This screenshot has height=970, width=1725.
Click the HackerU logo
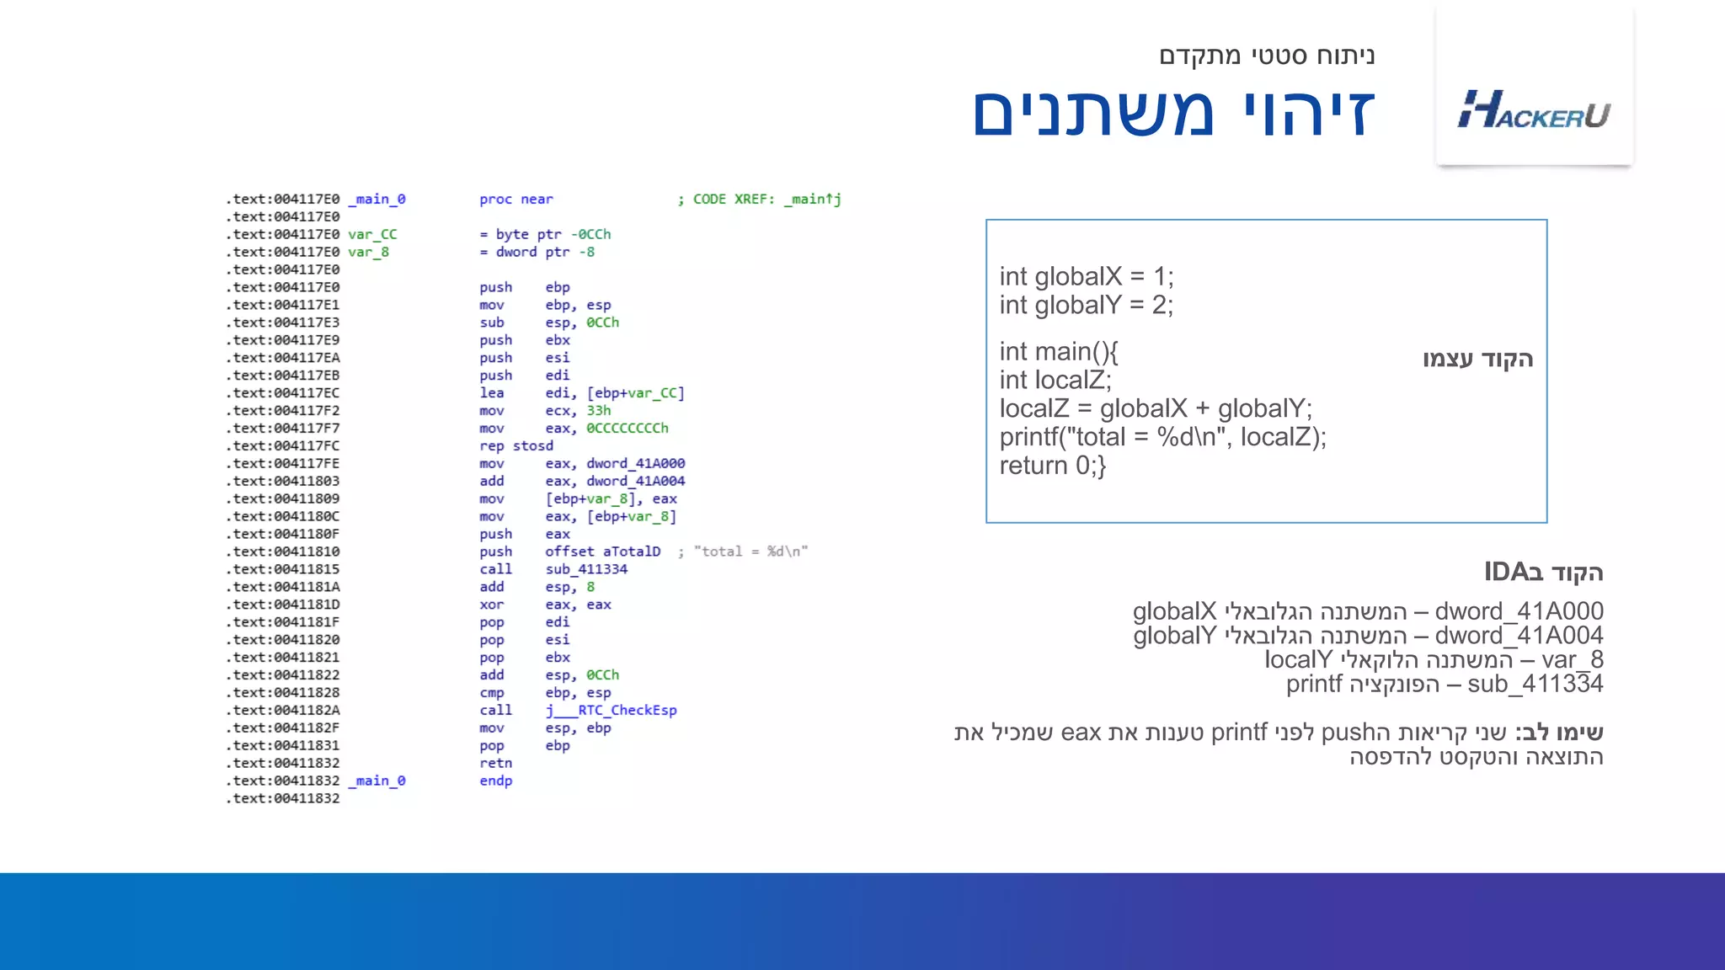(x=1534, y=110)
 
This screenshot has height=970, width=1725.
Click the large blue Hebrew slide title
(x=1173, y=112)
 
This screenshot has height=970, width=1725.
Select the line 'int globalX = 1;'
(x=1086, y=276)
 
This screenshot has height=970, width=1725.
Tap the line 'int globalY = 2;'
(x=1086, y=305)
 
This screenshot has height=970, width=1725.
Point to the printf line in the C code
(x=1162, y=437)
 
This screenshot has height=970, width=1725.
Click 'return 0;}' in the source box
(x=1052, y=466)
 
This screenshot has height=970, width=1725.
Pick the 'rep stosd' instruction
(x=516, y=446)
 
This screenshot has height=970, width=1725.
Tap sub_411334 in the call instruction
(x=586, y=569)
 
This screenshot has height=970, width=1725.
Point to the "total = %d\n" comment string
(x=750, y=552)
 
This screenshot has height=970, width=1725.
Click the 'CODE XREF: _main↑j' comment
(x=766, y=200)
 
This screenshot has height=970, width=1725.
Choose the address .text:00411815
(x=283, y=569)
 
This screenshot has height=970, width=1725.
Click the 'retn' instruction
(x=495, y=764)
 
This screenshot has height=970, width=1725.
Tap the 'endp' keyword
(x=495, y=781)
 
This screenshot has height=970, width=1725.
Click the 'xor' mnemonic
(x=491, y=605)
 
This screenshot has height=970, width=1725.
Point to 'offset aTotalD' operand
(x=603, y=552)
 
